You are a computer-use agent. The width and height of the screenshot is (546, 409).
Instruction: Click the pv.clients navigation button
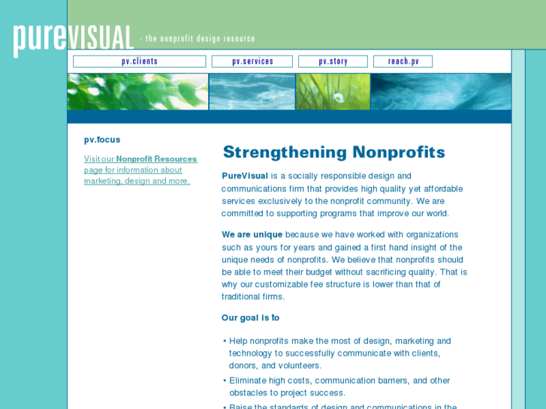click(x=139, y=62)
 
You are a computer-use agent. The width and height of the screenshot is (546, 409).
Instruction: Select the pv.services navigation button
click(x=252, y=62)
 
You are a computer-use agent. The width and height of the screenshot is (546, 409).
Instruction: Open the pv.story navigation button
click(x=333, y=62)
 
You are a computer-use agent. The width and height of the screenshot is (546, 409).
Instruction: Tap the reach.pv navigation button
click(x=403, y=62)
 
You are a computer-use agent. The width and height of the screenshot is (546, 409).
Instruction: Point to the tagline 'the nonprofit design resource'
click(x=200, y=39)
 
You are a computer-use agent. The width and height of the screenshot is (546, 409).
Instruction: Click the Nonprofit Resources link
click(x=156, y=159)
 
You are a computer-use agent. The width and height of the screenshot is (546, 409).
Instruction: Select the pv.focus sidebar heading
click(x=102, y=140)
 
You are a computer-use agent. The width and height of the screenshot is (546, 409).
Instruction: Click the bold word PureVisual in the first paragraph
click(x=245, y=176)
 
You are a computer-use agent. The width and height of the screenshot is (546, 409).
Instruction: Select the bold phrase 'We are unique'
click(x=252, y=235)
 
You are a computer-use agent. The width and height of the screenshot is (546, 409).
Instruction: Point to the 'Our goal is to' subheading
click(x=250, y=317)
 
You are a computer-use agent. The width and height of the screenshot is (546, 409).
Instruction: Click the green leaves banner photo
click(x=137, y=92)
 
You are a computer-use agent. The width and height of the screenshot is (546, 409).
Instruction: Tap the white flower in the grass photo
click(x=338, y=98)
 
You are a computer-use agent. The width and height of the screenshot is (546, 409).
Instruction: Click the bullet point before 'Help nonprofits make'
click(x=225, y=341)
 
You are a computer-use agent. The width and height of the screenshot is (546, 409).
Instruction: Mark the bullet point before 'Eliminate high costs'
click(x=225, y=381)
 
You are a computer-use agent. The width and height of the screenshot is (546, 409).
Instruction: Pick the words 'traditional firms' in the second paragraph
click(x=253, y=296)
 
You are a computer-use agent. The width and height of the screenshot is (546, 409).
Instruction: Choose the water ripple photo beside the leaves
click(x=252, y=92)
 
